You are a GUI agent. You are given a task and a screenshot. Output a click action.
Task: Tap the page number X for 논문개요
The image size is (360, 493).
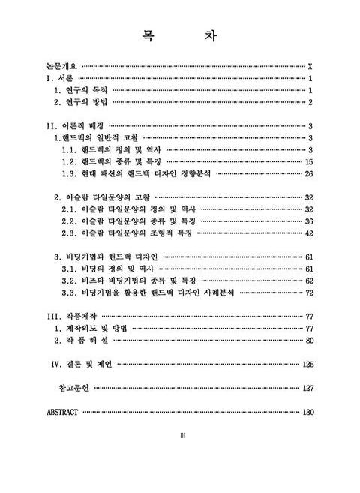click(310, 66)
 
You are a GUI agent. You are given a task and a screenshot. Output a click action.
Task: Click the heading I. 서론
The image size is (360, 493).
click(60, 78)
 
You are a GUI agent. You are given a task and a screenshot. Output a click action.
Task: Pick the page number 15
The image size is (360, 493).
click(308, 161)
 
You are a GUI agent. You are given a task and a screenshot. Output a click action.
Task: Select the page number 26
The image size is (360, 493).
click(308, 173)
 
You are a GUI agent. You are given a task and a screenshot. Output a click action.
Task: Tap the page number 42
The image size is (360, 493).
click(308, 233)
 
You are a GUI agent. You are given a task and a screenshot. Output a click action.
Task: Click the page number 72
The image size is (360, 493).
click(308, 293)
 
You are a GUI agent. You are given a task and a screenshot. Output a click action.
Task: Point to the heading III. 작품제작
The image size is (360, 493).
click(70, 317)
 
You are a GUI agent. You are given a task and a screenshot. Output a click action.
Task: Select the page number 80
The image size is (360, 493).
click(308, 341)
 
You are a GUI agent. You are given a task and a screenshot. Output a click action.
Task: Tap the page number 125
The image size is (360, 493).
click(307, 365)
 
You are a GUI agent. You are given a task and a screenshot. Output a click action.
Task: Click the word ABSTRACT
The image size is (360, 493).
click(62, 412)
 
